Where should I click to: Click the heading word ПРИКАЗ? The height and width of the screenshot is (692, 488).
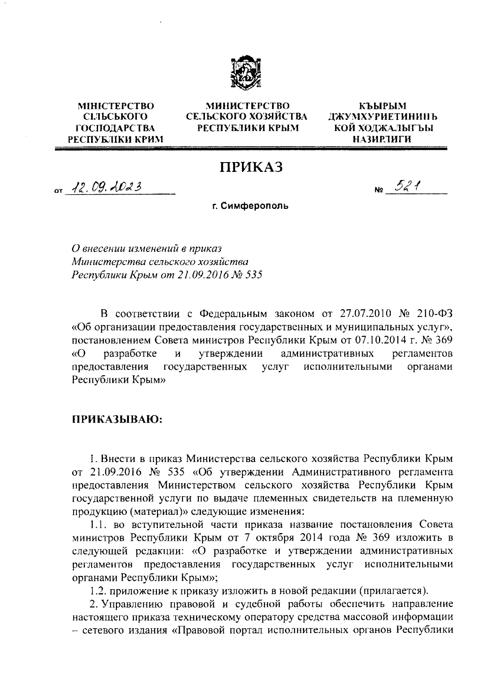[251, 167]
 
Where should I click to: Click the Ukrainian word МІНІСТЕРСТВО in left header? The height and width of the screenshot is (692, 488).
[116, 106]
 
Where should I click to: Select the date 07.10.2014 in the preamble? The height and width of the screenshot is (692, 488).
[378, 339]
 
